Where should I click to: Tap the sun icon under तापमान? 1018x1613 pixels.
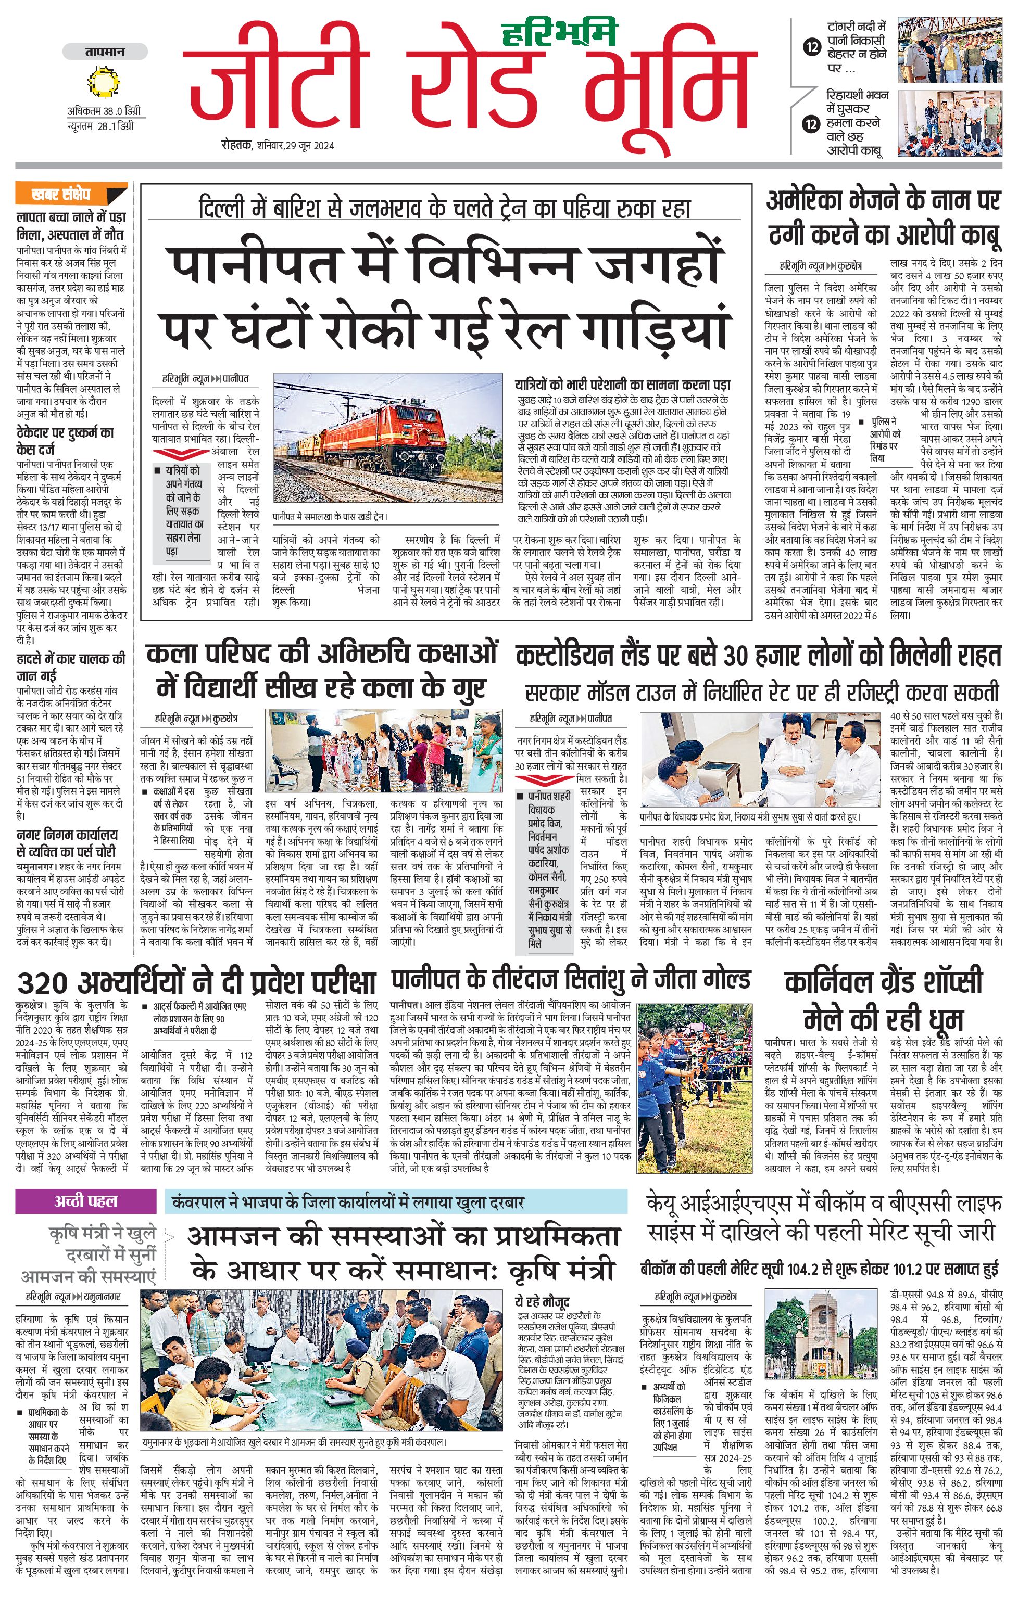[x=103, y=84]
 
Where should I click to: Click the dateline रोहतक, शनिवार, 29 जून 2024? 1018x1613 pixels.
[x=278, y=145]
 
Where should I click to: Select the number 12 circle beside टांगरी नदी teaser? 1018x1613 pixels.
[x=812, y=47]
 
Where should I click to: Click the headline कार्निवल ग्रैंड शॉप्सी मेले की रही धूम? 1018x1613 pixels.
[x=883, y=1000]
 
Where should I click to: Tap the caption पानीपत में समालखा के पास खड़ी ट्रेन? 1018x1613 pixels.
[x=330, y=517]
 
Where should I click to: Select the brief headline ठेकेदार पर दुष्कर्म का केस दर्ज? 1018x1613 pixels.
[x=65, y=440]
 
